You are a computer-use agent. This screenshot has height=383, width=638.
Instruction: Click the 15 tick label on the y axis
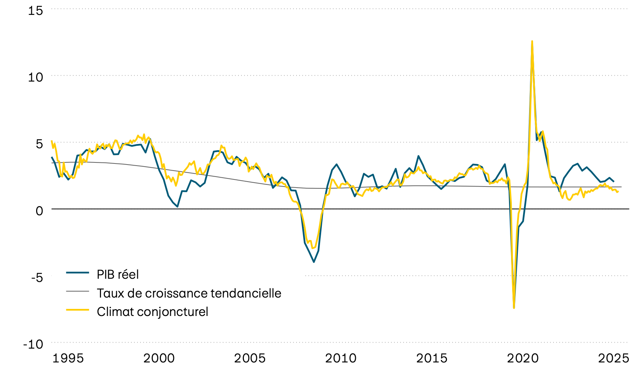(35, 11)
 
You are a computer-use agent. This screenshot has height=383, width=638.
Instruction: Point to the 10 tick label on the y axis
(35, 77)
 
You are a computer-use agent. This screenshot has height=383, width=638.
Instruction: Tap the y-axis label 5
(39, 144)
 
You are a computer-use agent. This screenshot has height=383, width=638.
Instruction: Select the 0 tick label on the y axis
(39, 211)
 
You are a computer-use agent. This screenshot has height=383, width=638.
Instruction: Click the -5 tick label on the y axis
(37, 277)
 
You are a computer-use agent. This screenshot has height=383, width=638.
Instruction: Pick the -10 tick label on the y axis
(33, 344)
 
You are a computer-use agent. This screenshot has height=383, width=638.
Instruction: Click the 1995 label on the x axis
(68, 358)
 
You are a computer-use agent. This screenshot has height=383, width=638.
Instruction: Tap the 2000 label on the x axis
(159, 358)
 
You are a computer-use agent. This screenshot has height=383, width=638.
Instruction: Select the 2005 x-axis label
(250, 358)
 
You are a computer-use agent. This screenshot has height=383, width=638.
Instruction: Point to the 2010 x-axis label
(341, 358)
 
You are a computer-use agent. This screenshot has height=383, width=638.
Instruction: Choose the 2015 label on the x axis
(432, 358)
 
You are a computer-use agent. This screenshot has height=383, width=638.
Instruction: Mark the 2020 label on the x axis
(523, 358)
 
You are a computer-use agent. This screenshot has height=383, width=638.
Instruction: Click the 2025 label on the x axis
(614, 358)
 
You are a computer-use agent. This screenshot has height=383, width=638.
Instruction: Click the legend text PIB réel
(118, 274)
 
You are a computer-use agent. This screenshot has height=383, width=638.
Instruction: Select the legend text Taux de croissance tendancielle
(189, 293)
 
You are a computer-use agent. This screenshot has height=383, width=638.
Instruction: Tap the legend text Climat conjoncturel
(152, 312)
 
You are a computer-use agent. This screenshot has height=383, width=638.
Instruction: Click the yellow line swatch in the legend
(77, 310)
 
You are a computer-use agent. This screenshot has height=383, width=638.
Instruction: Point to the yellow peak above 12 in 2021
(532, 41)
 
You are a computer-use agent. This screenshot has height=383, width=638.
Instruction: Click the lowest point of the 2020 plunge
(514, 307)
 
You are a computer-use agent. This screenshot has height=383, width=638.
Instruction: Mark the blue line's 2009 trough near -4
(314, 262)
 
